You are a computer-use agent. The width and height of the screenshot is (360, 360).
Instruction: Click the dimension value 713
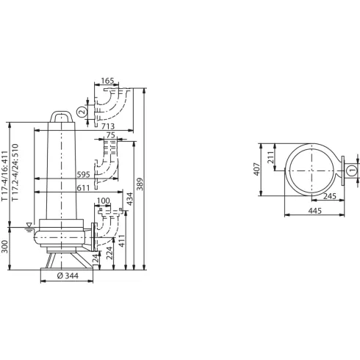coord(103,127)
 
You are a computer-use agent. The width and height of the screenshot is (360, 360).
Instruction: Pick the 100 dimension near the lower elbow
coord(104,201)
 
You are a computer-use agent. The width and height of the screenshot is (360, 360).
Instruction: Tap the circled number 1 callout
coord(351,170)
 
